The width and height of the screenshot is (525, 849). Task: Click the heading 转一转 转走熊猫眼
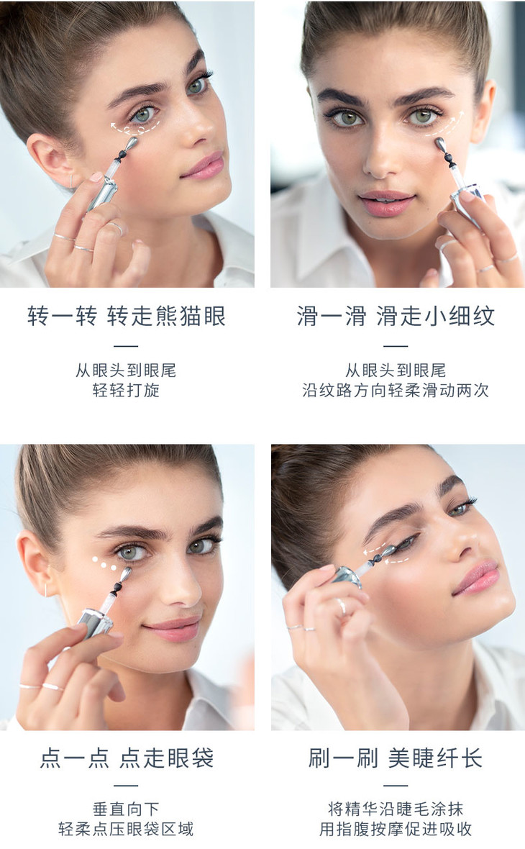pos(126,316)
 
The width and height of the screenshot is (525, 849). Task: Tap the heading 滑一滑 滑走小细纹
pos(396,316)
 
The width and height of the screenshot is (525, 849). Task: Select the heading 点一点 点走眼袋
pos(126,758)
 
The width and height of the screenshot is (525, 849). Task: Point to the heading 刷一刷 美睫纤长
pos(396,758)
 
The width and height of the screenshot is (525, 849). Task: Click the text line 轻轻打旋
pos(126,390)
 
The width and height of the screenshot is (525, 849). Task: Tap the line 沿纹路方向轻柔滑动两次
pos(396,390)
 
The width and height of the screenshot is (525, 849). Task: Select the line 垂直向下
pos(126,809)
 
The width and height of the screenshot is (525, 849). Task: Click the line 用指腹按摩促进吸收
pos(396,828)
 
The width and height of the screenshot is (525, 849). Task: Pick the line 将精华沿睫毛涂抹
pos(396,809)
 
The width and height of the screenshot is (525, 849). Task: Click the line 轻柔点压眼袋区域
pos(126,828)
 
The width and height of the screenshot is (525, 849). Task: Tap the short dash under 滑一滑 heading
pos(396,345)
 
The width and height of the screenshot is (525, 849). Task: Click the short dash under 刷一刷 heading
pos(396,785)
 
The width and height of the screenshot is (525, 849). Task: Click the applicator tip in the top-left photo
pos(132,143)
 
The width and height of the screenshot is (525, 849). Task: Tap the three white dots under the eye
pos(104,563)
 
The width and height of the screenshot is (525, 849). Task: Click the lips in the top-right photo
pos(385,202)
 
